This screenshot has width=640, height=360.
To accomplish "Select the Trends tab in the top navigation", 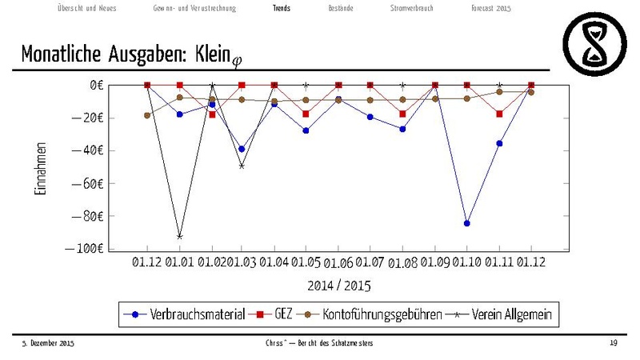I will [x=282, y=8].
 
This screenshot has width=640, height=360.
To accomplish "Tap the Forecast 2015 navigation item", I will [x=490, y=8].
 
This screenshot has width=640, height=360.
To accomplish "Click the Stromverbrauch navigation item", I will [x=412, y=8].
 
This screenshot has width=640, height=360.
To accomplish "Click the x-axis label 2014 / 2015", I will [x=338, y=285].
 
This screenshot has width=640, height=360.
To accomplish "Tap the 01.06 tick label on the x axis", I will [x=338, y=263].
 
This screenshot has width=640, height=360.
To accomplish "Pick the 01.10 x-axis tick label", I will [x=467, y=262].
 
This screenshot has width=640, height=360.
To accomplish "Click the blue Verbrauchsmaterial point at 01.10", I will [x=467, y=223].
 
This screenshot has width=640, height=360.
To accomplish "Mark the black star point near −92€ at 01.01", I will [x=179, y=236].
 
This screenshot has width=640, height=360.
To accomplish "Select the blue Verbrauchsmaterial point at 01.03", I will [x=242, y=149].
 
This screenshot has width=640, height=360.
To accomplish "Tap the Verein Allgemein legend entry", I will [x=506, y=314].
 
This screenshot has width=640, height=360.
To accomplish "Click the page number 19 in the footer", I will [x=613, y=343].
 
